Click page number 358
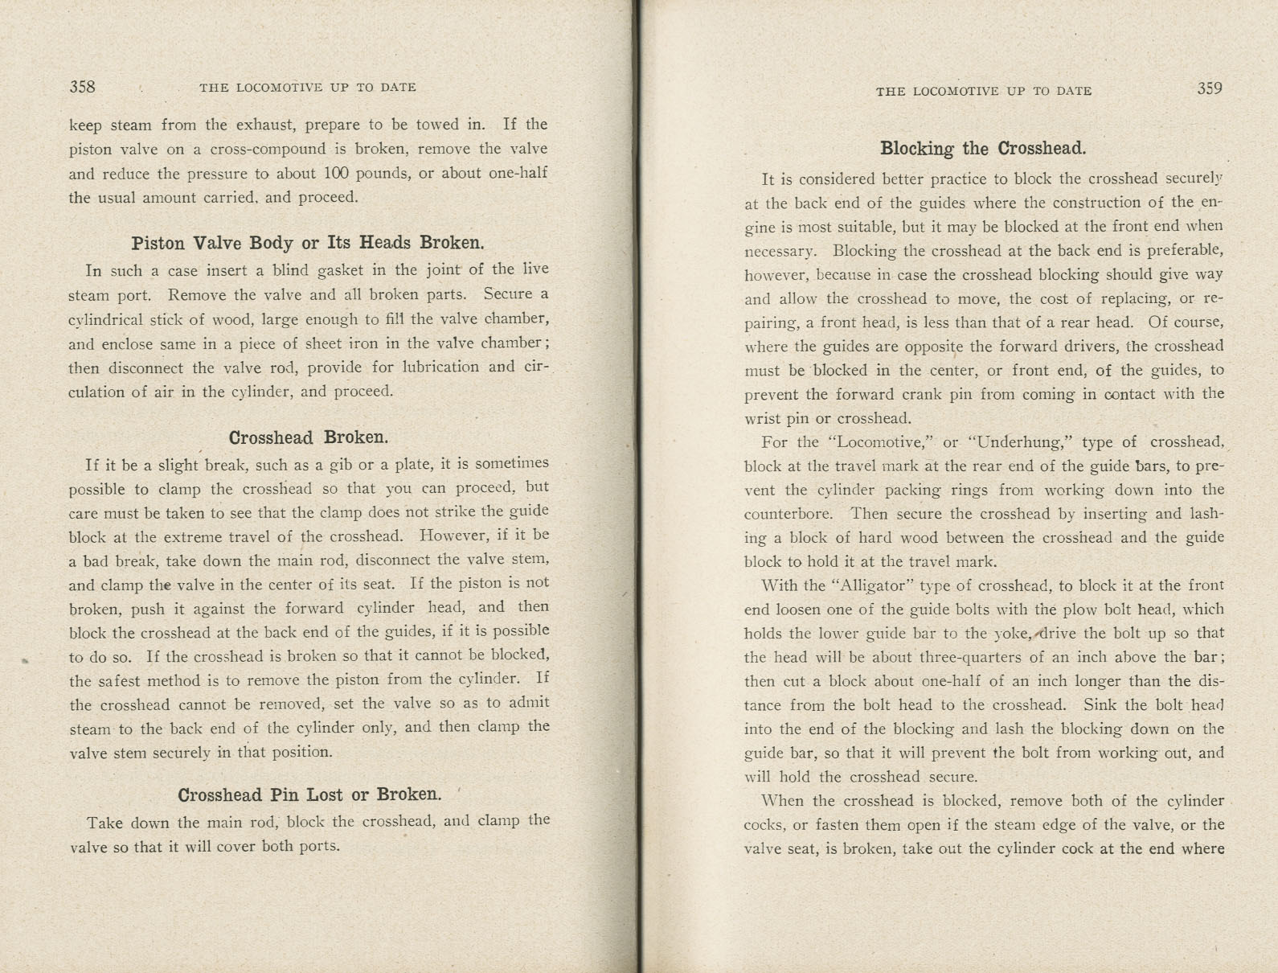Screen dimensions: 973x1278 coord(83,87)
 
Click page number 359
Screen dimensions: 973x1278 coord(1209,89)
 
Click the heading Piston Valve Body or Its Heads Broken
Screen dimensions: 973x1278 coord(308,243)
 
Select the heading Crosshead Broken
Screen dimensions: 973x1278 coord(309,438)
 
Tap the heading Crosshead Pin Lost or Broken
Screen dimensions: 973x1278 coord(309,795)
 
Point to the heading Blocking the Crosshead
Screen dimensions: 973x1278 coord(983,149)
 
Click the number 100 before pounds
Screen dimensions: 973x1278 coord(334,174)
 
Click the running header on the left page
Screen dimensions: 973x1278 coord(308,88)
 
